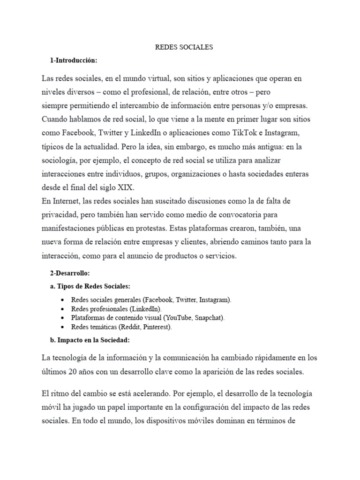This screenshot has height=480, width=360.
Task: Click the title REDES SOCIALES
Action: tap(184, 47)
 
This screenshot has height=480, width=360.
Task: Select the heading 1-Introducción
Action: tap(74, 61)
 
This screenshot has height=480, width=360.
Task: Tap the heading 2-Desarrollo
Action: tap(69, 273)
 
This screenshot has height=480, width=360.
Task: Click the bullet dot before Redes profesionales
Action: tap(63, 309)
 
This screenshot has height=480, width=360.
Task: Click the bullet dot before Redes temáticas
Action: tap(63, 327)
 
